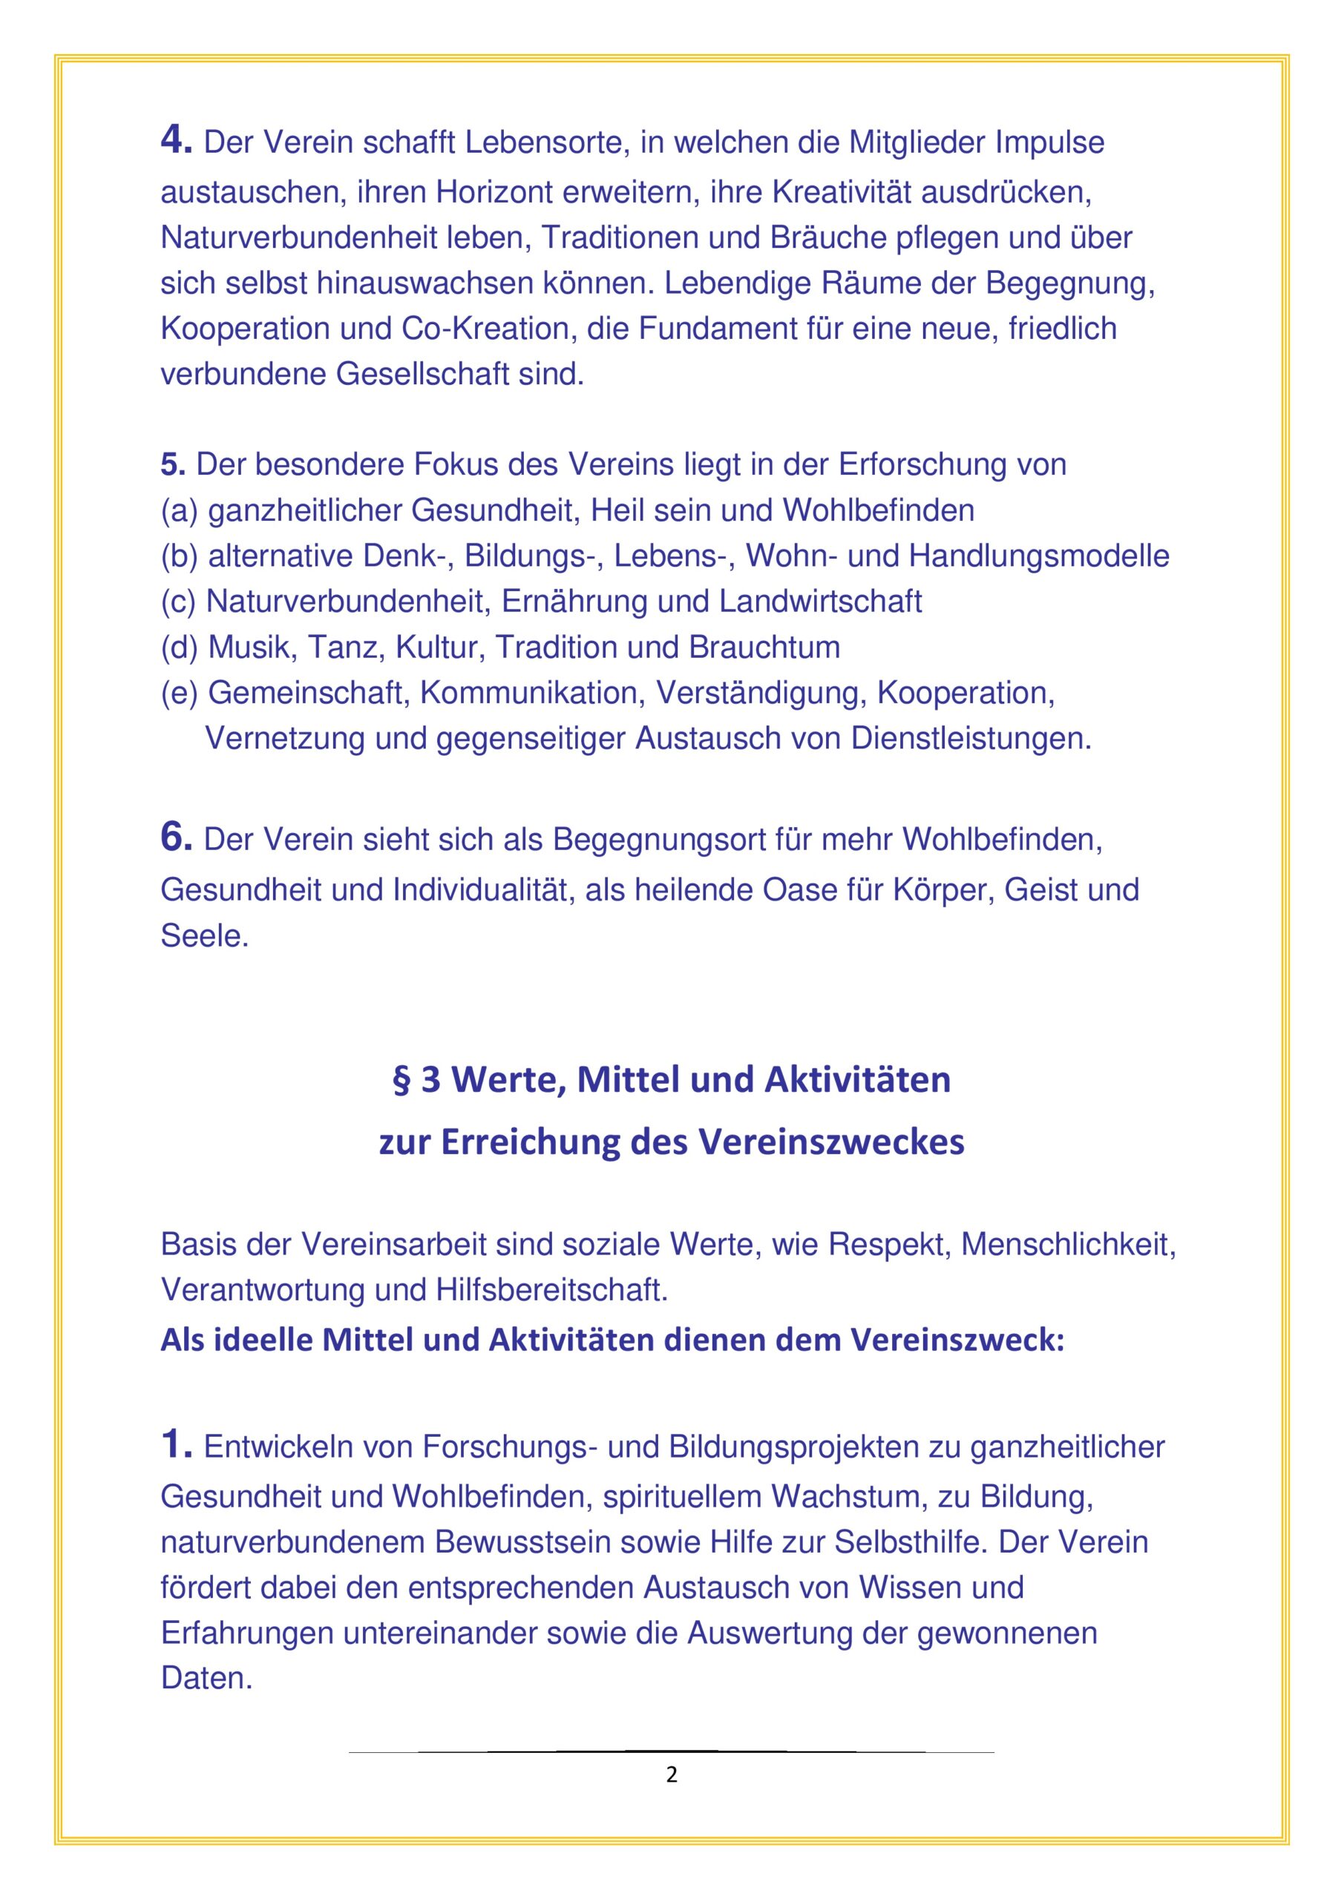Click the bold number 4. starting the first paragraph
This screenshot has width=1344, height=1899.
click(175, 141)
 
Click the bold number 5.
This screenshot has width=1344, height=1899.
click(172, 465)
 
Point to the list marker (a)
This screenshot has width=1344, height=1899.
click(179, 510)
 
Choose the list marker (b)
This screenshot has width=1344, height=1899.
click(179, 556)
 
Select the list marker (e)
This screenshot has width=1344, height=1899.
click(179, 692)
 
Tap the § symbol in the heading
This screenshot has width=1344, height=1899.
click(401, 1080)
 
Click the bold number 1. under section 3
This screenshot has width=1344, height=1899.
click(175, 1445)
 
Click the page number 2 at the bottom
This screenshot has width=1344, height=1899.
click(671, 1775)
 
